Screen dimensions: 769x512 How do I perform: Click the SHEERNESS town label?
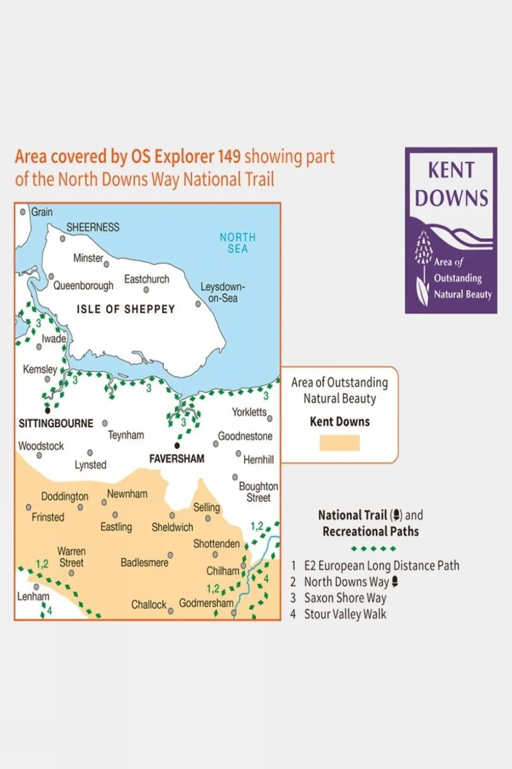[93, 227]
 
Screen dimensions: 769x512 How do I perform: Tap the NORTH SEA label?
[238, 243]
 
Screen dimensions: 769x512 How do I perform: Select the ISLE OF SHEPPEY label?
[125, 309]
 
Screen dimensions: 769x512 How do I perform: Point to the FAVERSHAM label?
[177, 459]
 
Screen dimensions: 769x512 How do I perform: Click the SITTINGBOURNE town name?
[56, 423]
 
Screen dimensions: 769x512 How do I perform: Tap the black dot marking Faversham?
[177, 446]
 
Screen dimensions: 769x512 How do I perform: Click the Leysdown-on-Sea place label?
[223, 292]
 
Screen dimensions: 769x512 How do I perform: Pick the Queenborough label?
[83, 285]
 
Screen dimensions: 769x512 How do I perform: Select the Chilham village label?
[223, 571]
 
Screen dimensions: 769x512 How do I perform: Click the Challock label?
[149, 604]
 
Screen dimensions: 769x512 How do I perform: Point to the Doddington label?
[65, 496]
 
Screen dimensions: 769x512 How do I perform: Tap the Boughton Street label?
[258, 492]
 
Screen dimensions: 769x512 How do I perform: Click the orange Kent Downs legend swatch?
[340, 443]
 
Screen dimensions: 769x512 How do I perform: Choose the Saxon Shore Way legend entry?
[345, 598]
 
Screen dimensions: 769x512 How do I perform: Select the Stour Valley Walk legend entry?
[345, 614]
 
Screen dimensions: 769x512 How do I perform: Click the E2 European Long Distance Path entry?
[381, 565]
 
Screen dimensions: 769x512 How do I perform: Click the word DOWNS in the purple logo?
[451, 198]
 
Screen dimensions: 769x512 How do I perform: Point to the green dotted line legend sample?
[374, 549]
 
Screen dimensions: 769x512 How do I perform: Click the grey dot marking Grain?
[23, 212]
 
